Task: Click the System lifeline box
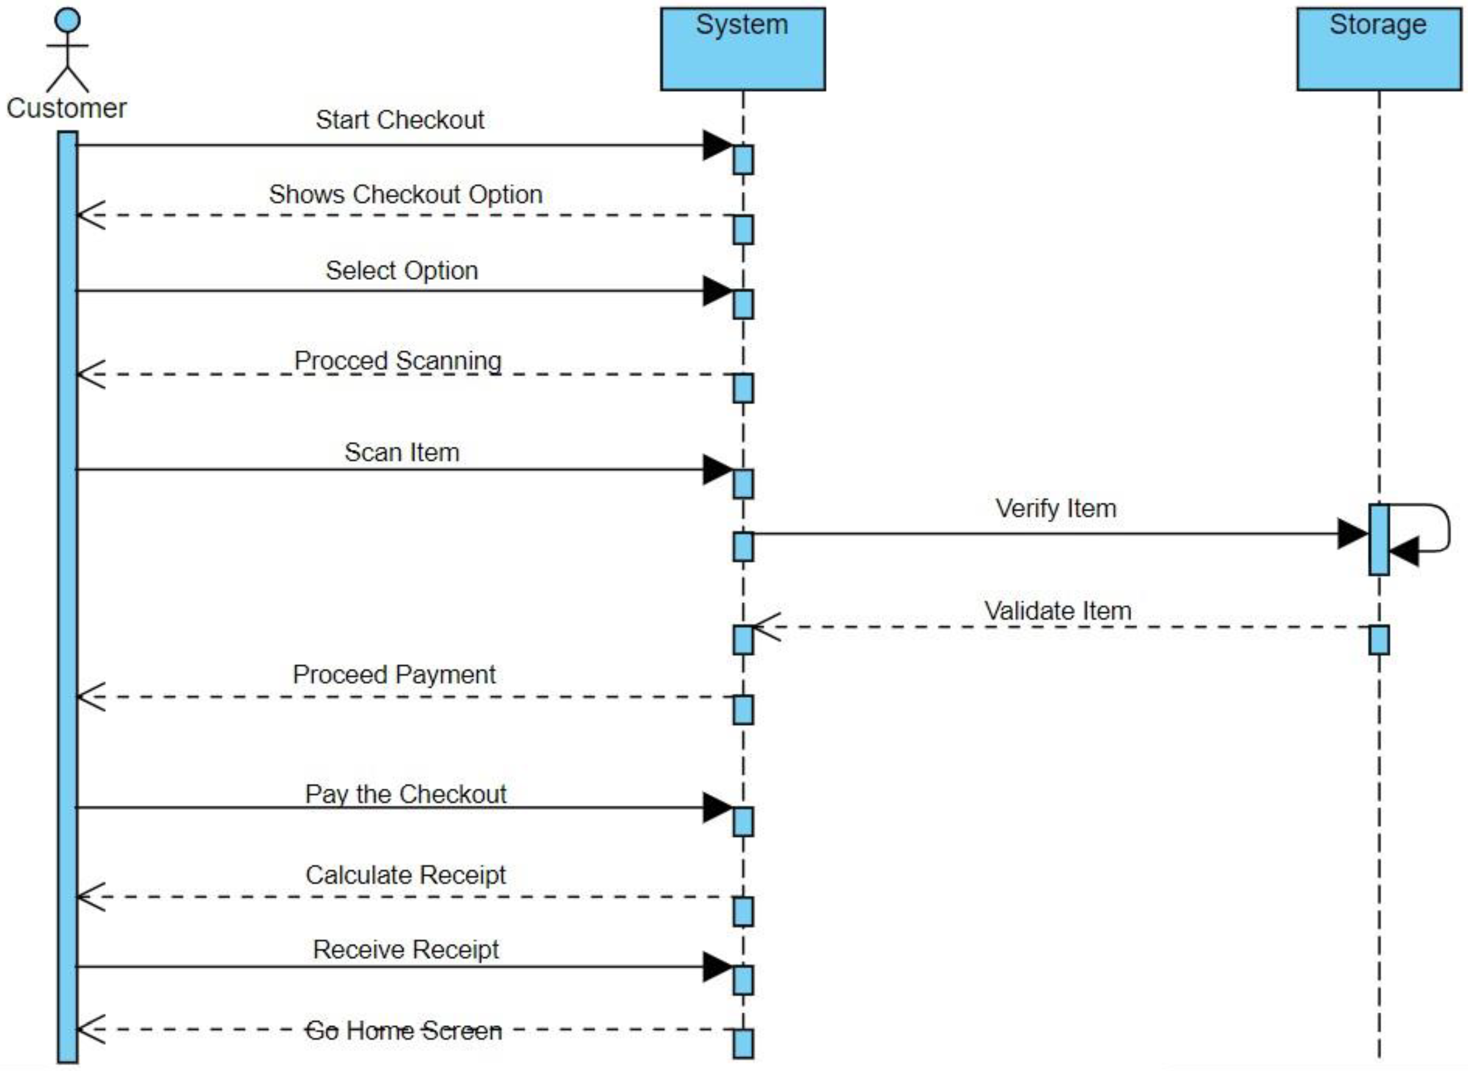pos(742,49)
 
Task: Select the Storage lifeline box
pos(1378,49)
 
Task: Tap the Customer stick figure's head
pos(67,19)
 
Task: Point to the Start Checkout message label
pos(400,120)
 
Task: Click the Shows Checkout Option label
pos(406,195)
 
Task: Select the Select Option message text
pos(402,270)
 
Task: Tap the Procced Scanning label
pos(398,360)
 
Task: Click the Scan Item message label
pos(402,453)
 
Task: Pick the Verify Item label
pos(1056,508)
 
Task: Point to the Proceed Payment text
pos(394,674)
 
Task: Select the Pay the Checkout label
pos(406,794)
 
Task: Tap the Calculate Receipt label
pos(405,875)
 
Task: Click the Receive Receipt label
pos(406,949)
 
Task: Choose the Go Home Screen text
pos(403,1030)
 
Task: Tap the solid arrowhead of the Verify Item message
pos(1354,533)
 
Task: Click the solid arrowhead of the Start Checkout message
pos(718,145)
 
